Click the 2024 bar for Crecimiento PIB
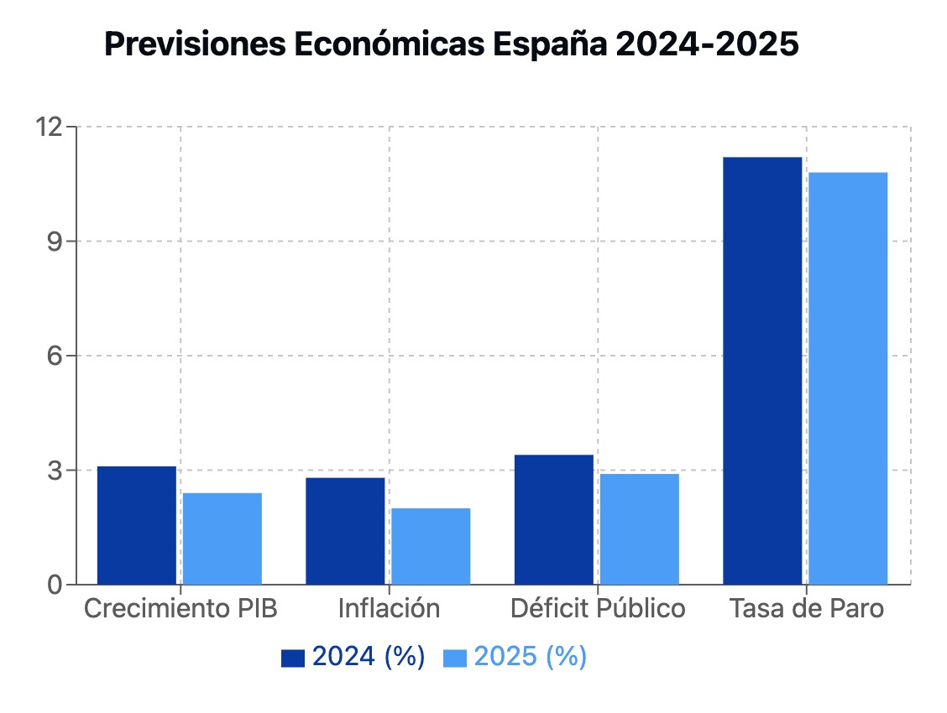tap(137, 525)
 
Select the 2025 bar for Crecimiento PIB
tap(222, 539)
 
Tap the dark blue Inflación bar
tap(345, 531)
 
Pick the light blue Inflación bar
tap(431, 546)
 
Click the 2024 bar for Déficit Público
tap(553, 519)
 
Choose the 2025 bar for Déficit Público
tap(639, 529)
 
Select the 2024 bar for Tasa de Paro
tap(762, 371)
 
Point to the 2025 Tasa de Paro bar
tap(848, 378)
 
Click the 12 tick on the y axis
tap(49, 128)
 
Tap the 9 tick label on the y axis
tap(55, 242)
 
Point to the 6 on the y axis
tap(55, 356)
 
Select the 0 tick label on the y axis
tap(55, 585)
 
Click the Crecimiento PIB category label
tap(181, 608)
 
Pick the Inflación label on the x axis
tap(389, 608)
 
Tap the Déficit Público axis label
tap(598, 608)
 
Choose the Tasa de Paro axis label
tap(806, 608)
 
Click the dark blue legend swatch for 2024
tap(293, 658)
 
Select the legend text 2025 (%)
tap(531, 657)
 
